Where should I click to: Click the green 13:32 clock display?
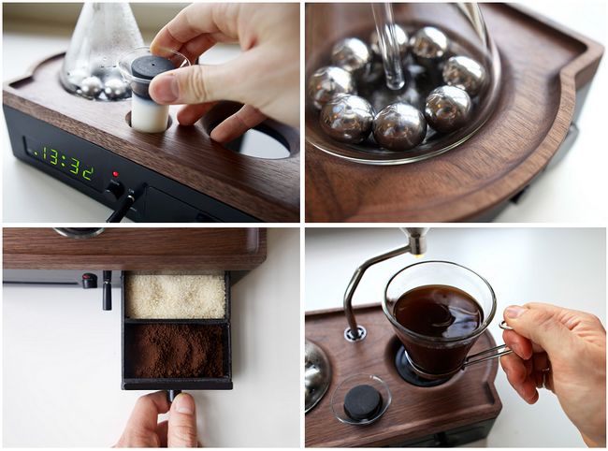point(65,163)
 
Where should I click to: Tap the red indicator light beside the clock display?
point(115,172)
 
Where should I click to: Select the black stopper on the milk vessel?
point(151,71)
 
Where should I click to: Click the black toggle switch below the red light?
point(123,202)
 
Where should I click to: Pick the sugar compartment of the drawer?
point(176,296)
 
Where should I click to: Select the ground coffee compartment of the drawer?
point(176,350)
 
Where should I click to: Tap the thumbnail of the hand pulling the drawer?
point(182,403)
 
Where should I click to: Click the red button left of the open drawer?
point(89,281)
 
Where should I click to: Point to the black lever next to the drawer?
point(107,290)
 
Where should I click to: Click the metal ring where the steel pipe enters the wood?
point(355,333)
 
